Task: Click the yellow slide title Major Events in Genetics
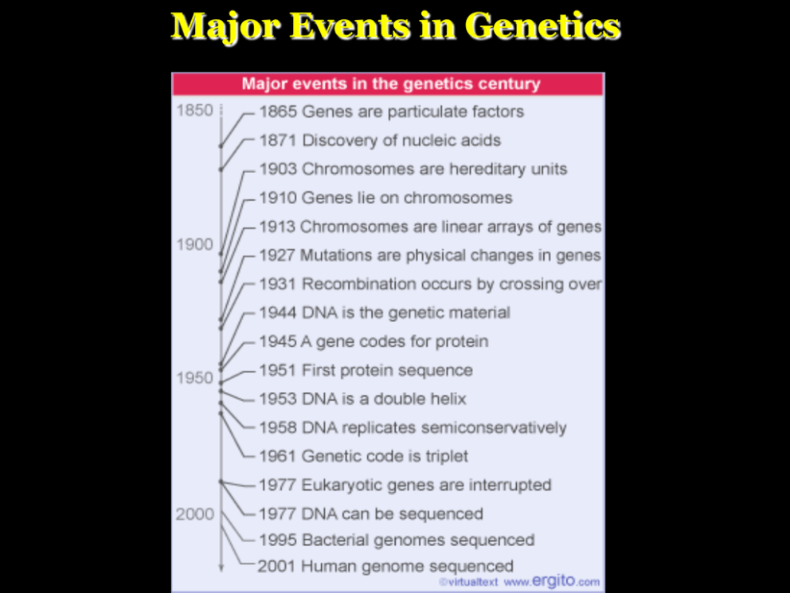click(395, 26)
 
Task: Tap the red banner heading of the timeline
click(390, 84)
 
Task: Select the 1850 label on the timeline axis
click(194, 111)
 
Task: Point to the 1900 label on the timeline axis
click(194, 245)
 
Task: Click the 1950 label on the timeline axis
click(194, 378)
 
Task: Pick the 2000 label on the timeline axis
click(194, 514)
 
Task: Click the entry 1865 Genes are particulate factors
click(391, 112)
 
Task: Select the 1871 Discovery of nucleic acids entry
click(380, 140)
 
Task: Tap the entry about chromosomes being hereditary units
click(413, 169)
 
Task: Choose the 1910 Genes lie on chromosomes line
click(385, 198)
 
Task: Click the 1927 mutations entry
click(429, 255)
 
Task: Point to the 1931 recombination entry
click(430, 284)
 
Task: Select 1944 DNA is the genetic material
click(385, 312)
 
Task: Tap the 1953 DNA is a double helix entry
click(362, 399)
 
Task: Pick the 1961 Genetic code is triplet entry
click(363, 457)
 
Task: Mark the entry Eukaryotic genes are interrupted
click(405, 485)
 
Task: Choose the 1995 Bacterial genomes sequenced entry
click(396, 540)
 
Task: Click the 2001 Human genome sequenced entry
click(385, 567)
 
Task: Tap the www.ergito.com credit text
click(551, 581)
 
